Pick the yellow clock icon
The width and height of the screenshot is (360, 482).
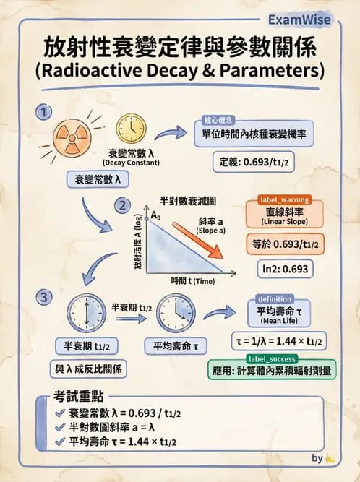[131, 131]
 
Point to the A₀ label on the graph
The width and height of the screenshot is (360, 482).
[155, 215]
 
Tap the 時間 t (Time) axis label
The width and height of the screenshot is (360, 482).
[193, 280]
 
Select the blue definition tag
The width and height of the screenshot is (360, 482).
[273, 298]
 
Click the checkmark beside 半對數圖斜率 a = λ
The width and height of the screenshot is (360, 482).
[60, 427]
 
